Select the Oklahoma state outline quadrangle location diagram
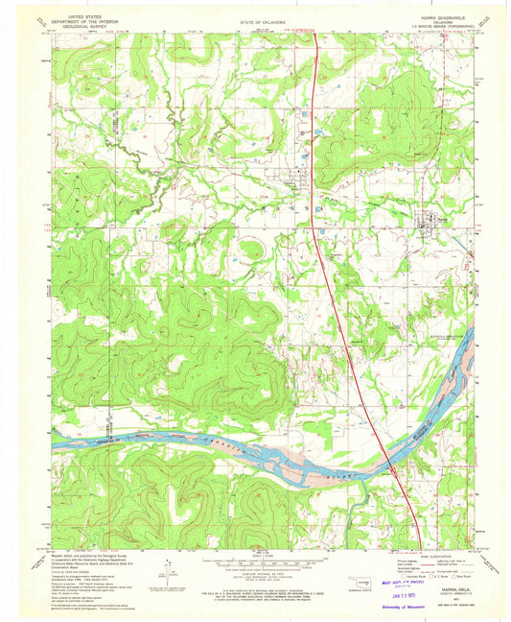[x=357, y=580]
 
